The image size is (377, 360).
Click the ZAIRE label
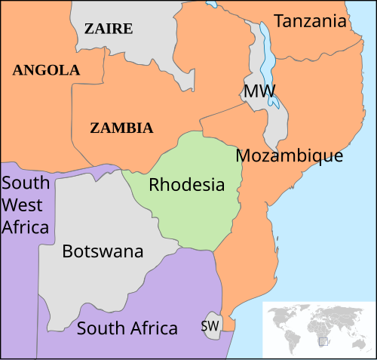click(x=108, y=29)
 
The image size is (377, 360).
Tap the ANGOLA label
click(x=46, y=70)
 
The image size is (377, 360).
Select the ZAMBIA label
click(x=121, y=128)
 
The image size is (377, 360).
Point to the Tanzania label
click(x=310, y=21)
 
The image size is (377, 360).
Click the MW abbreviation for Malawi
click(x=259, y=91)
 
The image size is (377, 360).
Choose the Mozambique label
click(x=290, y=156)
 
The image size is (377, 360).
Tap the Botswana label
click(x=102, y=251)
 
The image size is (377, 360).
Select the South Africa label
click(x=127, y=328)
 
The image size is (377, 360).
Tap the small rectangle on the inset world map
click(x=323, y=342)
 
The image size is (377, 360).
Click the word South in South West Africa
click(x=26, y=183)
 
